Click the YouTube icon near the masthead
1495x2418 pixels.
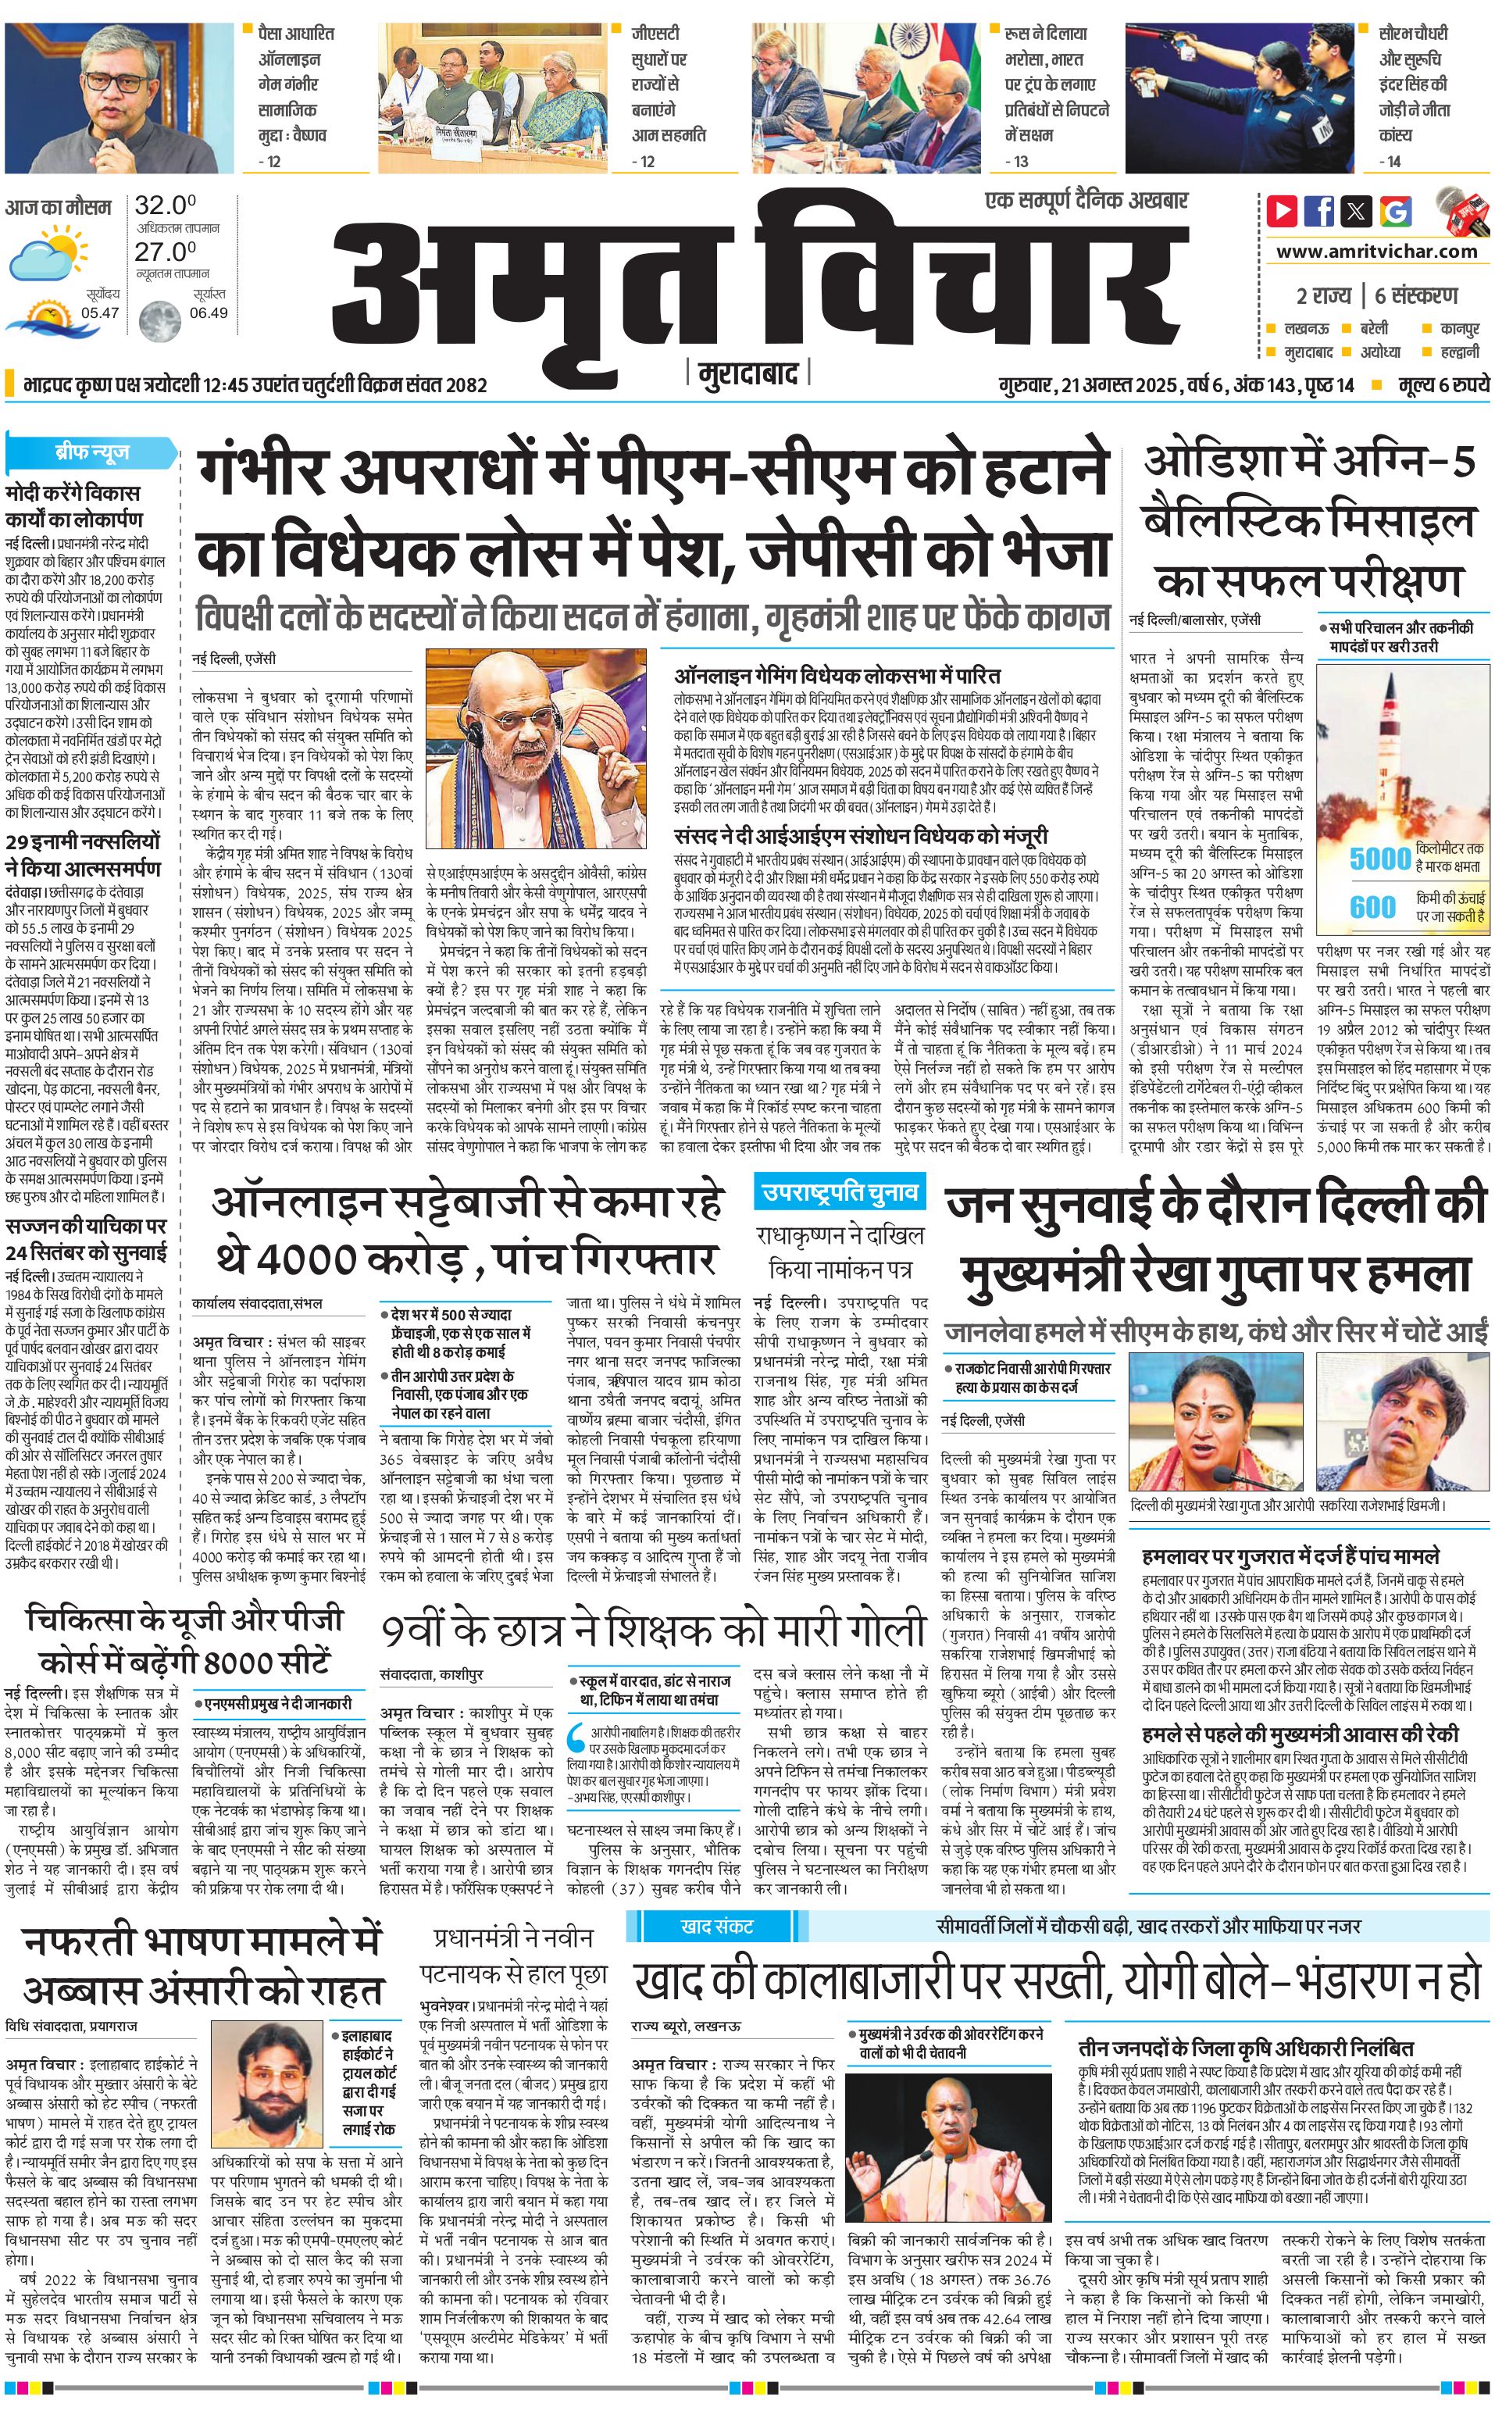(x=1282, y=211)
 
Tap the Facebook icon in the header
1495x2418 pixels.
(x=1319, y=211)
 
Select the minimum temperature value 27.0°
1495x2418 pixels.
(x=165, y=252)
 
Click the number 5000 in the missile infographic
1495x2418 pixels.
(x=1379, y=859)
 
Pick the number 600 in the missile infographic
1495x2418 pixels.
(x=1373, y=906)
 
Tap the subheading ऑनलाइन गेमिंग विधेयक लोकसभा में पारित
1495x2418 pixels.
(x=837, y=677)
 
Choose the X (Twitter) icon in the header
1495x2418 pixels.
(x=1358, y=211)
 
